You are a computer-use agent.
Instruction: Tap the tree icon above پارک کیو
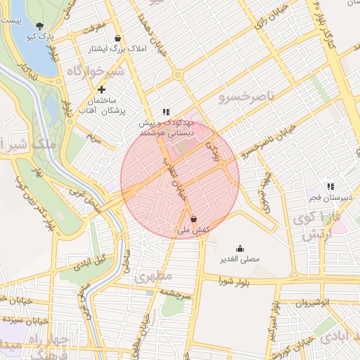(39, 25)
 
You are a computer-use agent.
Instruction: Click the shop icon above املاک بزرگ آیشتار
(117, 38)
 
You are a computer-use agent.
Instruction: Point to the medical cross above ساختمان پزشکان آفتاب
(102, 89)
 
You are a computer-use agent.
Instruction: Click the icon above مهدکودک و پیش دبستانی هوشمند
(166, 111)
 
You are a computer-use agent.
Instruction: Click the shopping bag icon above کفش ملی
(193, 219)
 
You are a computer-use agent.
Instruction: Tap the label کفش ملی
(193, 229)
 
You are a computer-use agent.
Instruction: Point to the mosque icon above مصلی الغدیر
(240, 247)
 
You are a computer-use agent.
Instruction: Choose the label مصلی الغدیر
(240, 259)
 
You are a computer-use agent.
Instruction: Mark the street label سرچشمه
(176, 294)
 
